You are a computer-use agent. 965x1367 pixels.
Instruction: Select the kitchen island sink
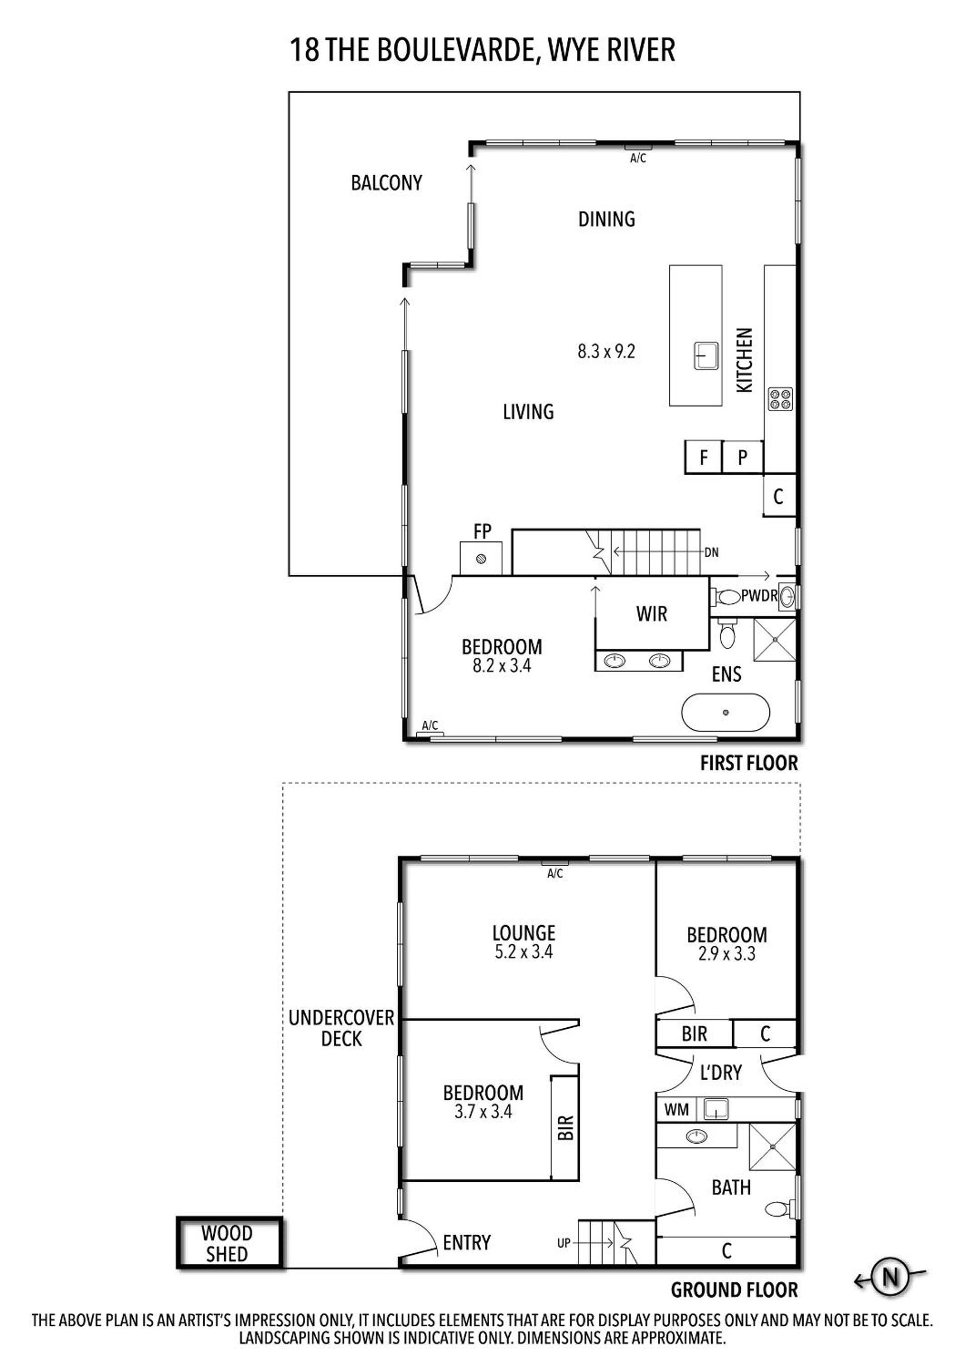coord(706,357)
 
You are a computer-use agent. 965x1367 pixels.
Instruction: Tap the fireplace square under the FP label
coord(481,559)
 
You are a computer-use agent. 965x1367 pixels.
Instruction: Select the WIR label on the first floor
coord(652,614)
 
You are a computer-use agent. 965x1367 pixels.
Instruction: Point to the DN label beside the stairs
coord(712,553)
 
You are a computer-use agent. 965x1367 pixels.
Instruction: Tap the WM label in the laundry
coord(676,1109)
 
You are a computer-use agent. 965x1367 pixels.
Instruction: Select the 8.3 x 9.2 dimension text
coord(606,351)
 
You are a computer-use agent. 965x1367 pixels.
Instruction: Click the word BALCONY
coord(386,183)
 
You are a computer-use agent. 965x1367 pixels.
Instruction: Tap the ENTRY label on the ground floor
coord(467,1243)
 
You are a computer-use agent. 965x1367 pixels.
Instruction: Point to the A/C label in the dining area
coord(638,159)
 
